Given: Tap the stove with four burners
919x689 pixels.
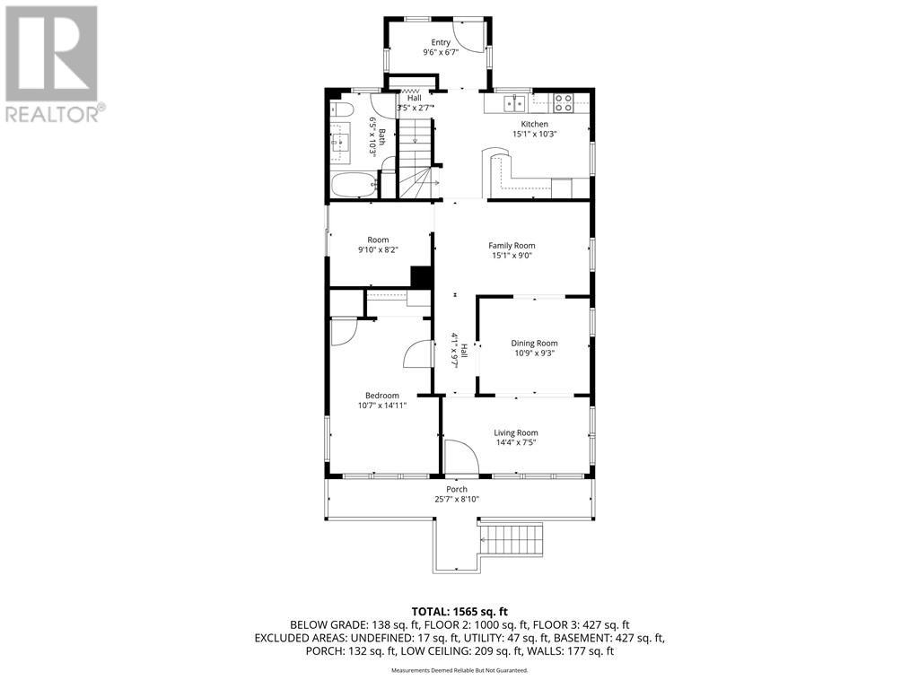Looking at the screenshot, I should [563, 101].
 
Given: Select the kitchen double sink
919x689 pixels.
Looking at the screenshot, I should [514, 101].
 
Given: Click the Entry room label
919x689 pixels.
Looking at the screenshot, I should [440, 42].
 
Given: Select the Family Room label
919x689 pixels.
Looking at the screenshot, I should [512, 245].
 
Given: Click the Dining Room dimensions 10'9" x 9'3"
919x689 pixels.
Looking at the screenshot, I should [535, 353].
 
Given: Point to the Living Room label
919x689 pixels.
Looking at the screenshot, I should [516, 432].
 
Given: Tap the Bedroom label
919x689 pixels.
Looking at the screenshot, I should [381, 395].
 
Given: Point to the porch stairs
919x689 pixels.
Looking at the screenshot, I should [514, 537].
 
